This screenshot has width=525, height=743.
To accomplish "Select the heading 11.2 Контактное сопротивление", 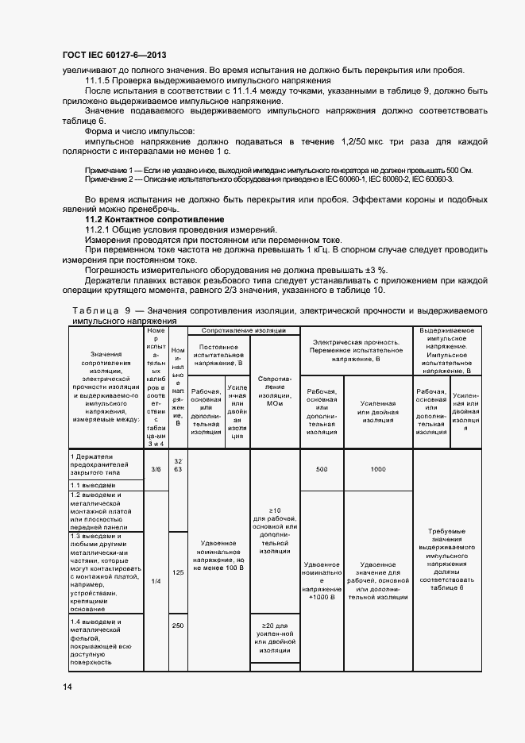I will [x=155, y=218].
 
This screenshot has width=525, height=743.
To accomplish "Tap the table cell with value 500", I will [x=321, y=469].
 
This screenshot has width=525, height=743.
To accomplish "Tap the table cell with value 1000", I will [x=377, y=469].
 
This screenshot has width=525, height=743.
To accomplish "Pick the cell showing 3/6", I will [x=156, y=469].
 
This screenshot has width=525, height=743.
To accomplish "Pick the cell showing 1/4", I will [x=156, y=581].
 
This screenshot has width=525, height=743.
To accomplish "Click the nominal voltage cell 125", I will [x=178, y=572].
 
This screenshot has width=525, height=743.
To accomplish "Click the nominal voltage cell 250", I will [x=178, y=626].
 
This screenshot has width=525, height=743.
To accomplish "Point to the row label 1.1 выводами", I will [x=92, y=484].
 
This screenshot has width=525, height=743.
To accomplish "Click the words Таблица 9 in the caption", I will [x=100, y=310].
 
